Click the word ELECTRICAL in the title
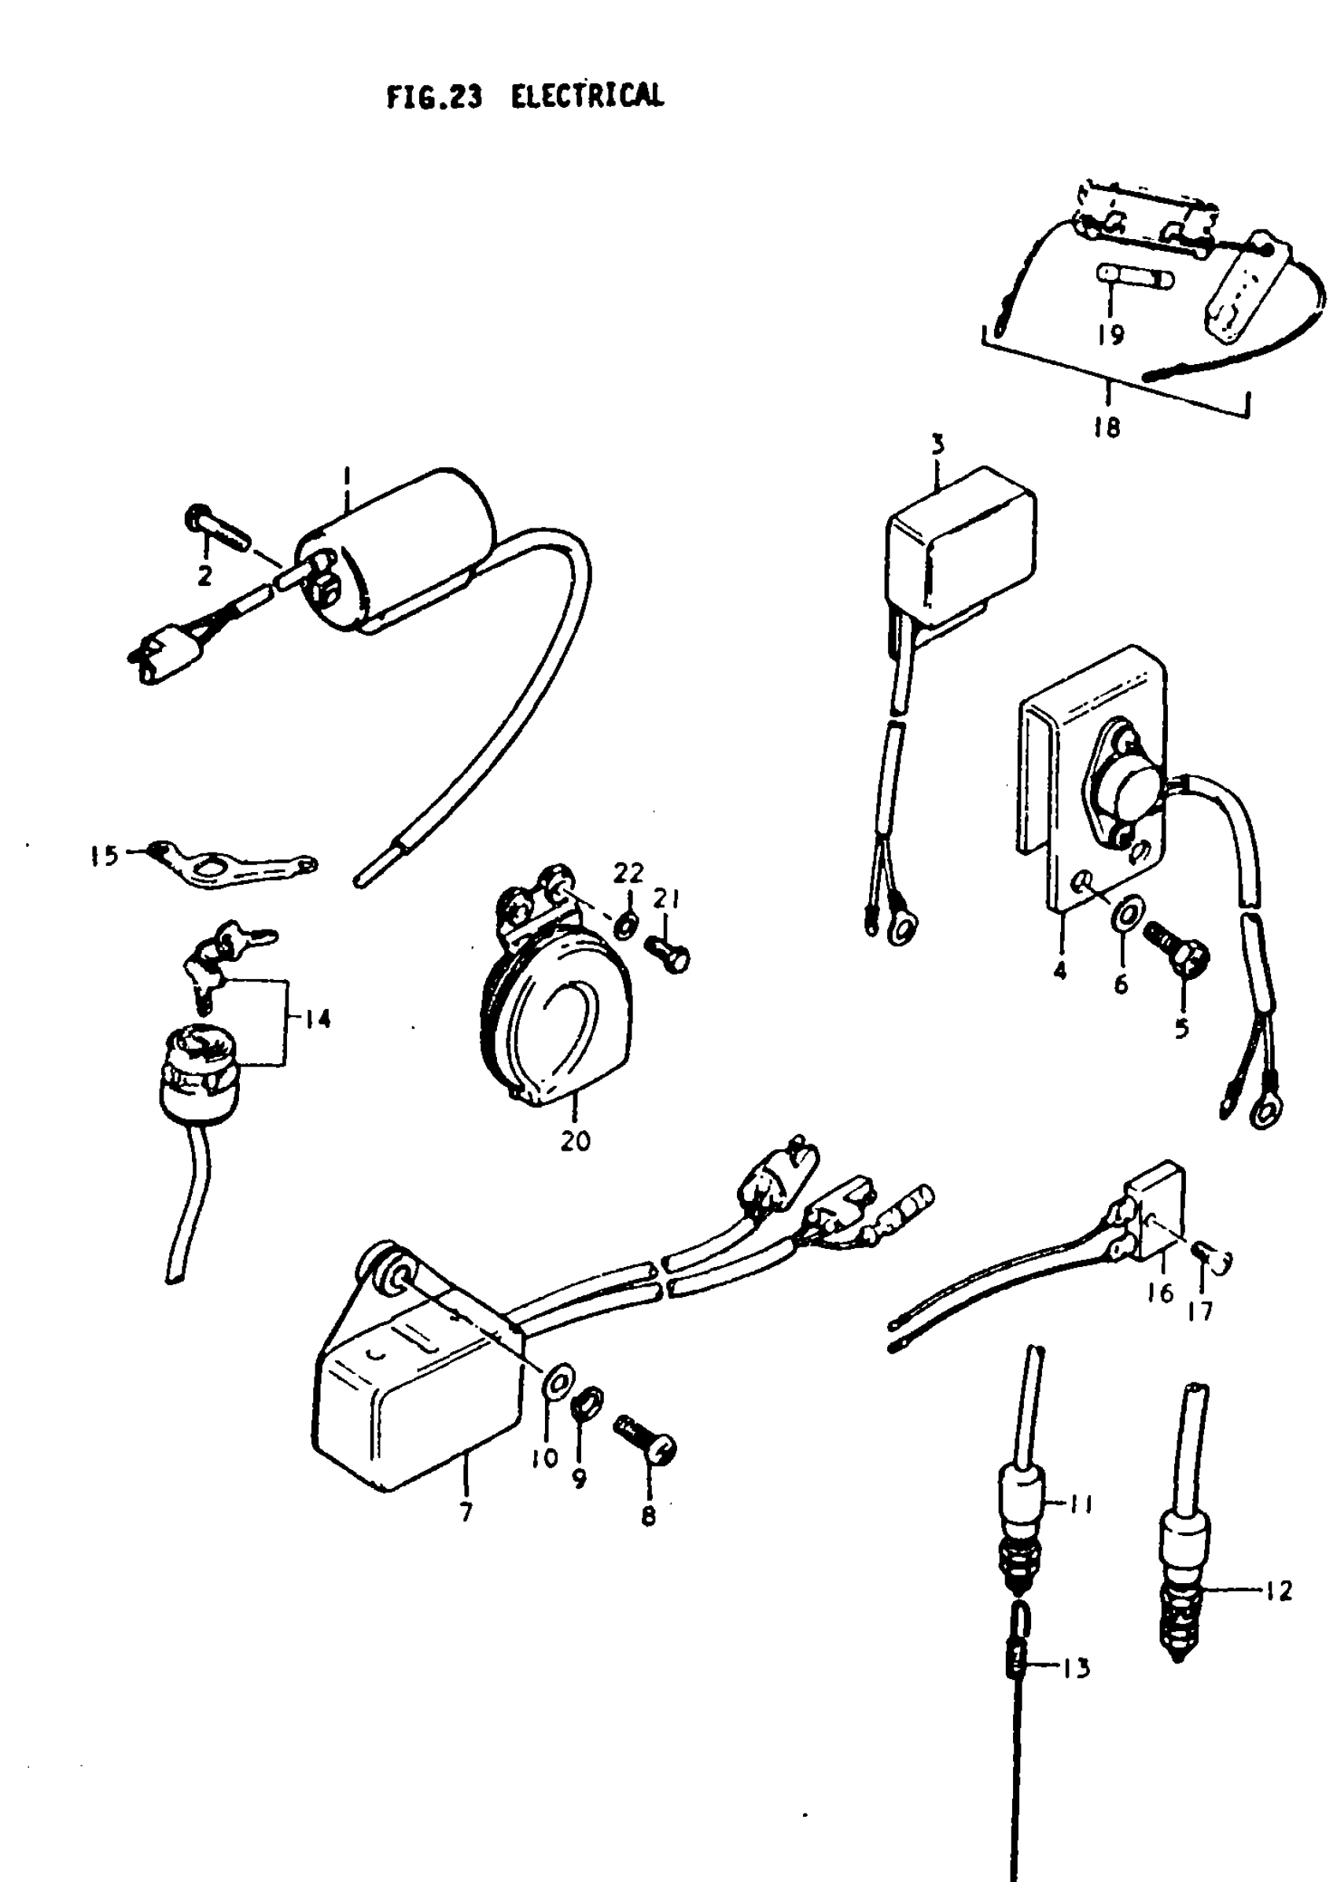click(586, 98)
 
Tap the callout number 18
click(1107, 428)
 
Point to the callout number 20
click(576, 1141)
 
